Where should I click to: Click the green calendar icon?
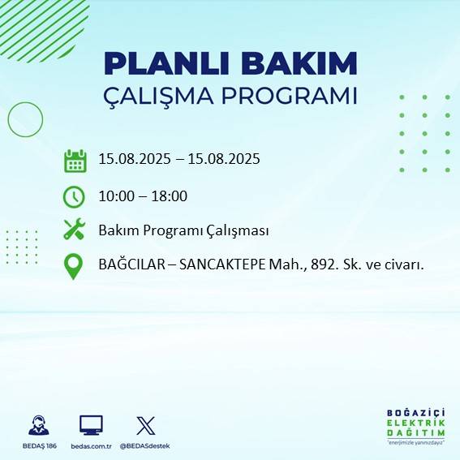click(x=75, y=161)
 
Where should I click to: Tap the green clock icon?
click(x=74, y=196)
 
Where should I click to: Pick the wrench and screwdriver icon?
click(x=74, y=230)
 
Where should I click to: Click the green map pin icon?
click(x=74, y=266)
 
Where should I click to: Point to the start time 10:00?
click(x=114, y=196)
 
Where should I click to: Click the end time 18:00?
click(x=170, y=196)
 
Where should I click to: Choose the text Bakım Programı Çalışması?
click(x=183, y=230)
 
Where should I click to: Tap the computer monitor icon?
click(x=90, y=425)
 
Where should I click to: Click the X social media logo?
click(x=146, y=425)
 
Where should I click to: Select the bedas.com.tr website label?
click(x=90, y=446)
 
